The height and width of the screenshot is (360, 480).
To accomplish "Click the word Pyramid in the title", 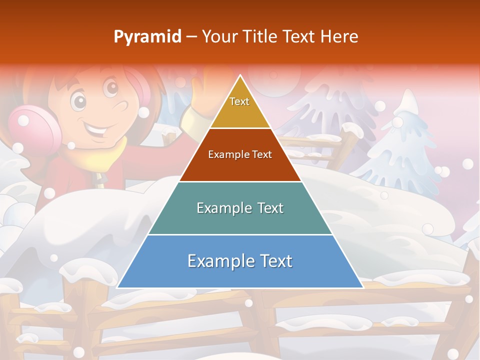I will pos(147,37).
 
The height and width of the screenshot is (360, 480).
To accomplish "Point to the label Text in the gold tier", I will pos(239,101).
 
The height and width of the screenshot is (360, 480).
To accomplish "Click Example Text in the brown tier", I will pos(240,154).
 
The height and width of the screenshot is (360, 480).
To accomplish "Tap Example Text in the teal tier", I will pos(240,208).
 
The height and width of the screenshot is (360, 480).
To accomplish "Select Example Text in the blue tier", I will pos(240,260).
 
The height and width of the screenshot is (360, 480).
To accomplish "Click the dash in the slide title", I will pos(191,37).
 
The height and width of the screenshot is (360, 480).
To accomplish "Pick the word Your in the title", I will pos(220,36).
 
